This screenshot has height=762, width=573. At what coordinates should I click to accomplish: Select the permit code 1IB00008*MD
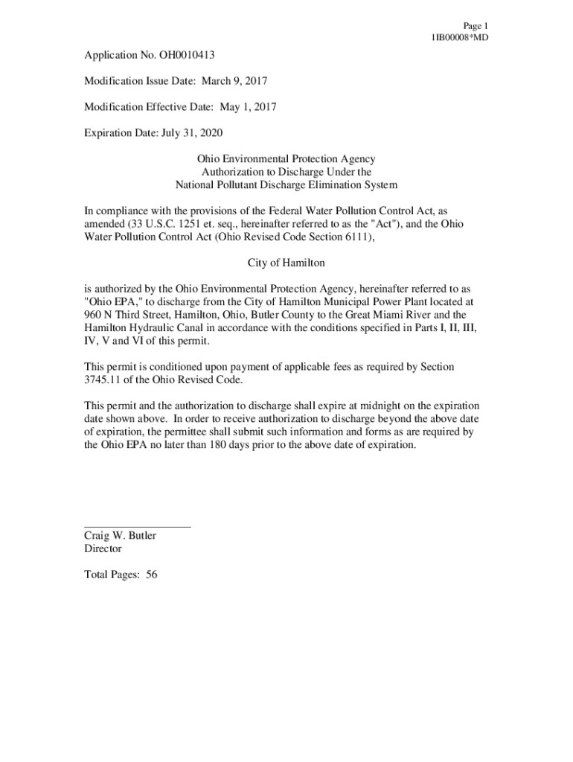(459, 38)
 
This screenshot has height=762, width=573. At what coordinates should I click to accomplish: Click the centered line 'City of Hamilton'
(286, 263)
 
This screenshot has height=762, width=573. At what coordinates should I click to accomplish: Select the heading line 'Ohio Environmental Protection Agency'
(286, 159)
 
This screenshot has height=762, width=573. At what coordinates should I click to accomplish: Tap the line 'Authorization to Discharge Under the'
(286, 172)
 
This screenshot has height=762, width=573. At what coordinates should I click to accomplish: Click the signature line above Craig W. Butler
(138, 526)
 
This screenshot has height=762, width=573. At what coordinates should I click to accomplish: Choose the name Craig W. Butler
(121, 536)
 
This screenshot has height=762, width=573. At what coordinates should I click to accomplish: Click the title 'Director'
(103, 549)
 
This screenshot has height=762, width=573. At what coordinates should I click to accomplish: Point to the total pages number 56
(152, 575)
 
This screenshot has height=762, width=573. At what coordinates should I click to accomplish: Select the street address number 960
(92, 315)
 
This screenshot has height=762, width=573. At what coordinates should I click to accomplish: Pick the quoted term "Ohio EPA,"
(112, 301)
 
